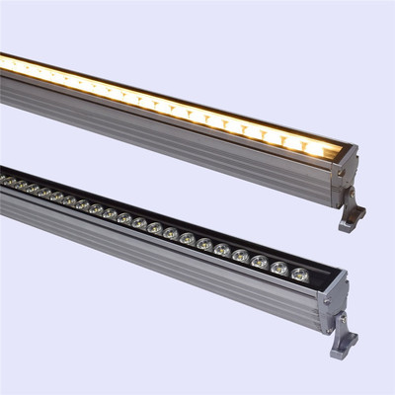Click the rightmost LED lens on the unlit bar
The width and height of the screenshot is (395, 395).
tap(299, 273)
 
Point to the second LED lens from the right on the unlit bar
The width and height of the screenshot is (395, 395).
tap(279, 268)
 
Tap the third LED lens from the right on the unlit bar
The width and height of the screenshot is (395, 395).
tap(260, 262)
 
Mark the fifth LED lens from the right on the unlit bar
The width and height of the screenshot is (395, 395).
tap(222, 251)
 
